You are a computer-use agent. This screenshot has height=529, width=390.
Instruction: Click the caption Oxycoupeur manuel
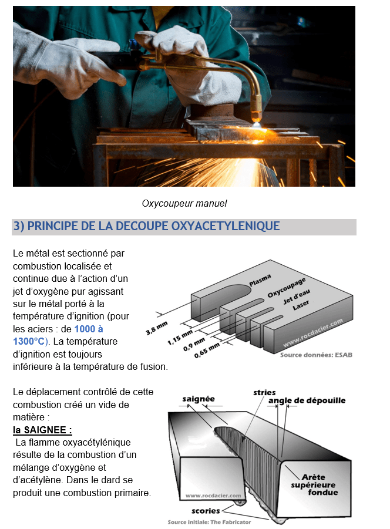[x=184, y=204]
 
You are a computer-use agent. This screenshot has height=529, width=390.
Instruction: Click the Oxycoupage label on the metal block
[x=286, y=287]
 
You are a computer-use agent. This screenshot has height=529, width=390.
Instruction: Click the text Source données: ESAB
[x=316, y=355]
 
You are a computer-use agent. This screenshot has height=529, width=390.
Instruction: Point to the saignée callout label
[x=198, y=399]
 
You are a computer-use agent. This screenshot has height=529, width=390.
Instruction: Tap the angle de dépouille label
[x=307, y=400]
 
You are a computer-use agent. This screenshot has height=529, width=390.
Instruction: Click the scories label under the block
[x=206, y=510]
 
